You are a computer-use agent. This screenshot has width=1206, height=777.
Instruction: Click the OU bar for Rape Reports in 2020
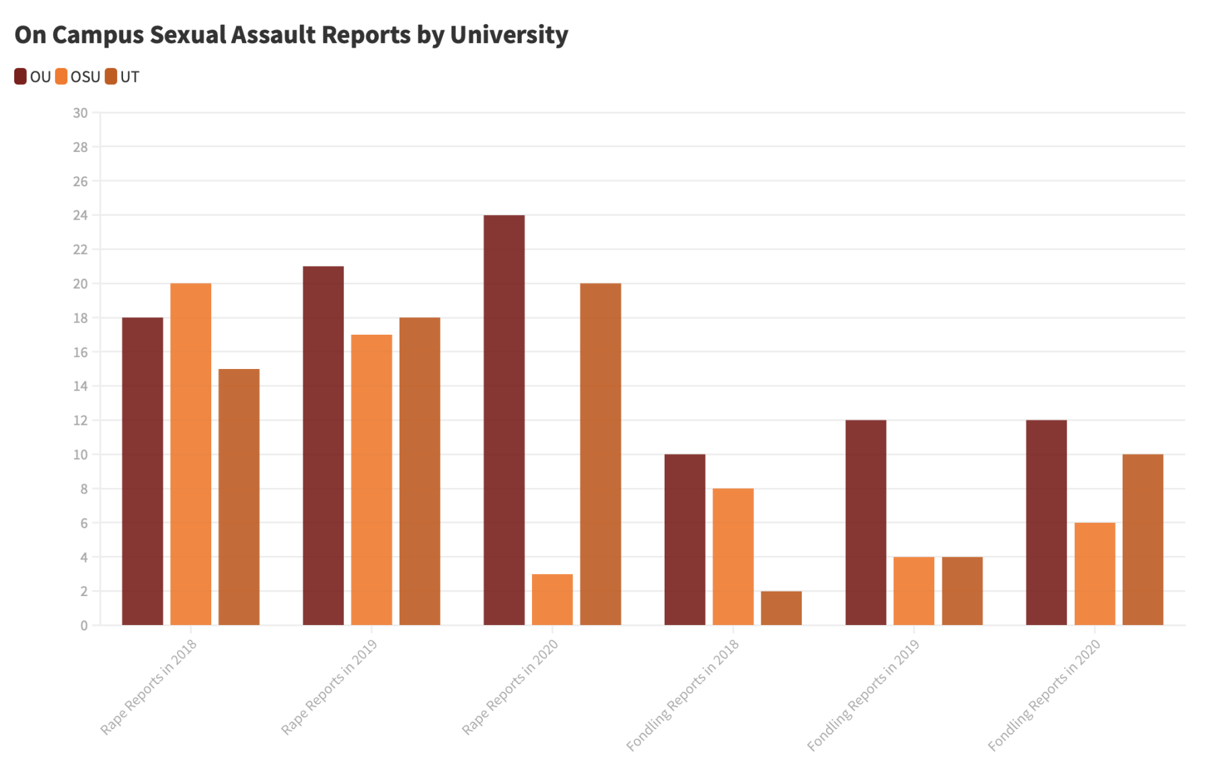click(x=504, y=420)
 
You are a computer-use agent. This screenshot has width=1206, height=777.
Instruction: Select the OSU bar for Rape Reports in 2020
click(x=552, y=600)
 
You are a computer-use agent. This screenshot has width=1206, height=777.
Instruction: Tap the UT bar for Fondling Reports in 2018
click(x=781, y=608)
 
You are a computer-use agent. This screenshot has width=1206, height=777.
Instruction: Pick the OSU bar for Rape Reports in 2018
click(x=190, y=454)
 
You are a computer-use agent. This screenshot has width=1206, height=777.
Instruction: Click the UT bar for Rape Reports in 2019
click(x=420, y=471)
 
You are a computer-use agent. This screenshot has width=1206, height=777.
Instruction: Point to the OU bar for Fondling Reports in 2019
click(x=866, y=522)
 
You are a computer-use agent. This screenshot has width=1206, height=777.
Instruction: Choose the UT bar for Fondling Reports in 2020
click(x=1143, y=540)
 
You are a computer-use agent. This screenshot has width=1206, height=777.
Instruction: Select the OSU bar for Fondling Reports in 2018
click(x=733, y=557)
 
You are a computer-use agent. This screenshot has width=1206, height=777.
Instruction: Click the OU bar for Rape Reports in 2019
click(x=323, y=446)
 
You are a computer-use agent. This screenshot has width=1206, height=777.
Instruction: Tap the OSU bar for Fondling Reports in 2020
click(x=1094, y=574)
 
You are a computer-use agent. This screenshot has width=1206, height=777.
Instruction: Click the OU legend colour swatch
click(x=21, y=77)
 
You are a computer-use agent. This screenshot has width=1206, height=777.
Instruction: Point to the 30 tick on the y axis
click(x=80, y=113)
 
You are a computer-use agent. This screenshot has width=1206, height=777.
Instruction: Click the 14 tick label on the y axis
click(x=80, y=386)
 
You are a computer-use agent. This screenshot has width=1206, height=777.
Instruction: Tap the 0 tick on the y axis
click(x=84, y=626)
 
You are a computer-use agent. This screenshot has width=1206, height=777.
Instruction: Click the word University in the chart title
click(x=508, y=35)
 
